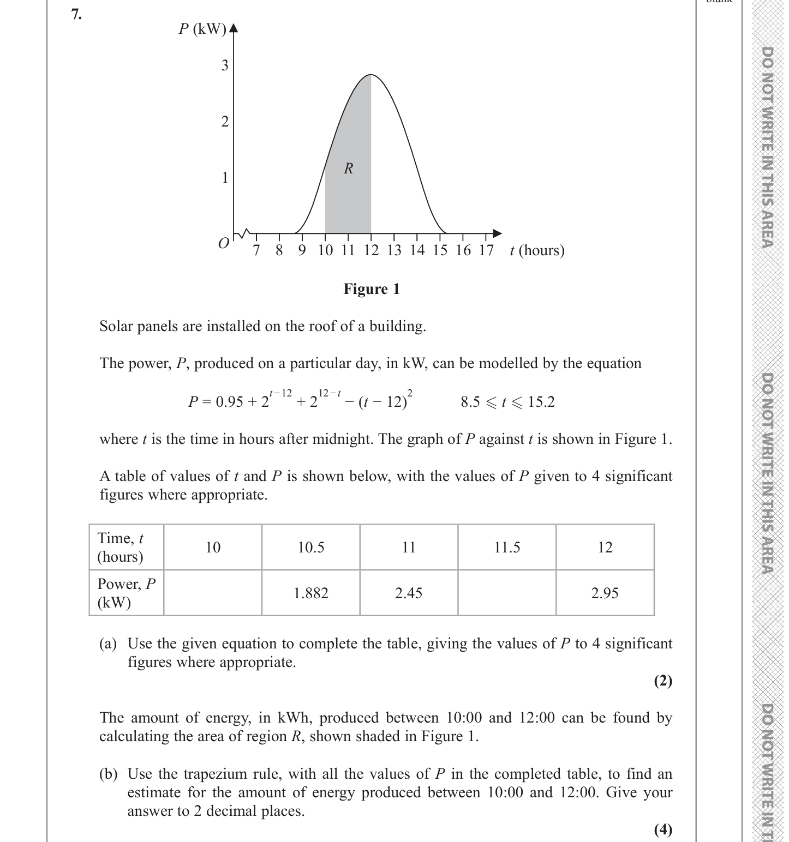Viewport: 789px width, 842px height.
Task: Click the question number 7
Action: coord(76,15)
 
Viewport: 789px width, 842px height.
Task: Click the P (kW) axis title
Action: coord(202,29)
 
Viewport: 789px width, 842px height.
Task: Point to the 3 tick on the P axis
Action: coord(225,66)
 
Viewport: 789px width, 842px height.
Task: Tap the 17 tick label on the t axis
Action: coord(486,250)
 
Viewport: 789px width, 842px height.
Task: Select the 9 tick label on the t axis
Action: coord(302,250)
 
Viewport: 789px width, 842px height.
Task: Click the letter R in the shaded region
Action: coord(349,169)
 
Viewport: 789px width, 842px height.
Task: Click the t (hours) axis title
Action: coord(537,250)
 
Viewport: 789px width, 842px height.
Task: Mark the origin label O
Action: coord(223,243)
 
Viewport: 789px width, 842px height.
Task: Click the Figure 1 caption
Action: coord(372,289)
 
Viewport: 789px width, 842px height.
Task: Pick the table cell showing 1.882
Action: coord(311,593)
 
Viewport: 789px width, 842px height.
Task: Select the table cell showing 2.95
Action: coord(605,593)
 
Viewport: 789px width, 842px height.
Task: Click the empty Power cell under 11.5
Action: coord(507,593)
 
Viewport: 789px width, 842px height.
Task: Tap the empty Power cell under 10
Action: coord(213,593)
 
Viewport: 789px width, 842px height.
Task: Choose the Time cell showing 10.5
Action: coord(311,548)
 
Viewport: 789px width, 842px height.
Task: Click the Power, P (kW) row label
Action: coord(127,593)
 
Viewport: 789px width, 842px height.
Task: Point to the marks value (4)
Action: coord(663,829)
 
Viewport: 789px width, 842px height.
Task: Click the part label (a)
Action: coord(108,644)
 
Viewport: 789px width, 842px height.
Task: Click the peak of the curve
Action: coord(371,75)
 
